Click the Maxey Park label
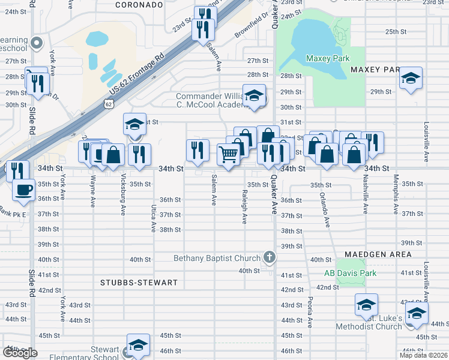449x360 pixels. coord(327,58)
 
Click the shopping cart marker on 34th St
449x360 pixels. coord(228,155)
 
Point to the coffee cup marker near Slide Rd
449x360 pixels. coord(24,189)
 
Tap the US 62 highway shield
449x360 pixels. coord(108,104)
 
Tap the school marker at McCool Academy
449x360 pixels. coord(254,96)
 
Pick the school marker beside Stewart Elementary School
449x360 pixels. coord(138,346)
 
